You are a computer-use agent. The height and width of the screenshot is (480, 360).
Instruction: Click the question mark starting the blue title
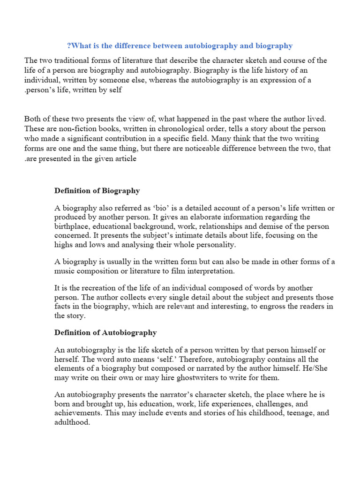tap(69, 46)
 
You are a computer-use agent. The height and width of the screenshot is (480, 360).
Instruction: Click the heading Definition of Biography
tap(97, 191)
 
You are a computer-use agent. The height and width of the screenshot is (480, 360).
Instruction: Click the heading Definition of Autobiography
tap(105, 333)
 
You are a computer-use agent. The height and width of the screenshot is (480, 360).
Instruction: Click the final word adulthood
tap(72, 422)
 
